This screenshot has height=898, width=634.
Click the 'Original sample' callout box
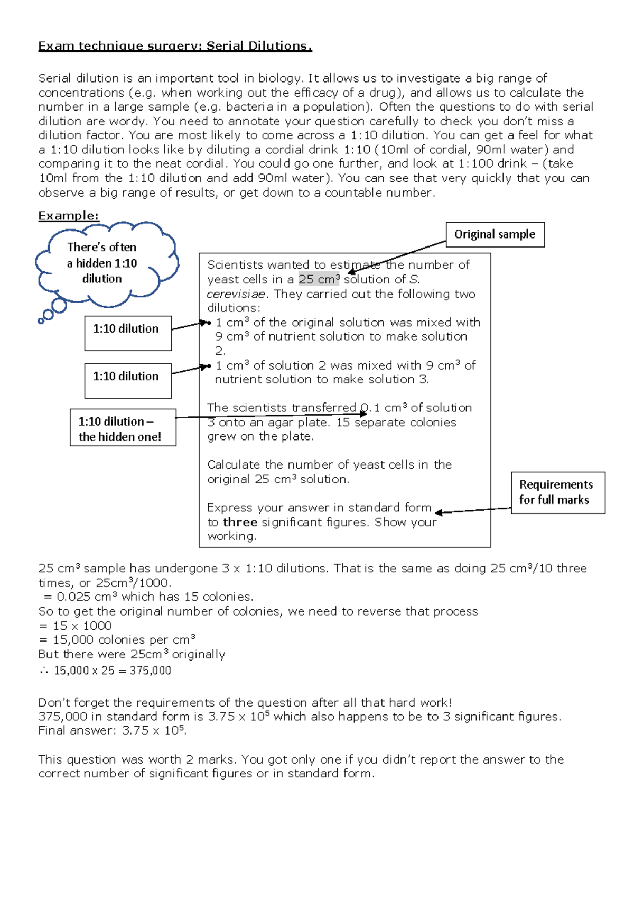pyautogui.click(x=495, y=234)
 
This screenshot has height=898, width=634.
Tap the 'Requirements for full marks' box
pyautogui.click(x=558, y=492)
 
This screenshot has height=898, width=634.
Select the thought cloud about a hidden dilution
pyautogui.click(x=102, y=263)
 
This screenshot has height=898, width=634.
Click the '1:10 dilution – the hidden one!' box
pyautogui.click(x=123, y=428)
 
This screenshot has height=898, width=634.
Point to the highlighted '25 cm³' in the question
pyautogui.click(x=319, y=279)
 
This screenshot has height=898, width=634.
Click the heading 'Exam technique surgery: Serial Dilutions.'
pyautogui.click(x=175, y=46)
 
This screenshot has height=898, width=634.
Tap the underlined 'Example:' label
pyautogui.click(x=69, y=216)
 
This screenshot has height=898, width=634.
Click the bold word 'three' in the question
pyautogui.click(x=240, y=522)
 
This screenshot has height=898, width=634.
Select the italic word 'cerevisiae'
pyautogui.click(x=237, y=294)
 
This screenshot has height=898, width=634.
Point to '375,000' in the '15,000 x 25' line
pyautogui.click(x=151, y=671)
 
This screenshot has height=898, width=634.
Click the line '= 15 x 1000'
pyautogui.click(x=75, y=626)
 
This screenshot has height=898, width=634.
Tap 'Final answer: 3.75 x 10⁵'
pyautogui.click(x=112, y=730)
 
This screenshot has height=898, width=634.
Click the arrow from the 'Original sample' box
pyautogui.click(x=396, y=258)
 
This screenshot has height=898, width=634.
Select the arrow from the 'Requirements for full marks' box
pyautogui.click(x=473, y=510)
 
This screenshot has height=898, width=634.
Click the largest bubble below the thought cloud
pyautogui.click(x=59, y=306)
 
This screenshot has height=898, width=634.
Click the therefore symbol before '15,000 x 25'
pyautogui.click(x=43, y=671)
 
